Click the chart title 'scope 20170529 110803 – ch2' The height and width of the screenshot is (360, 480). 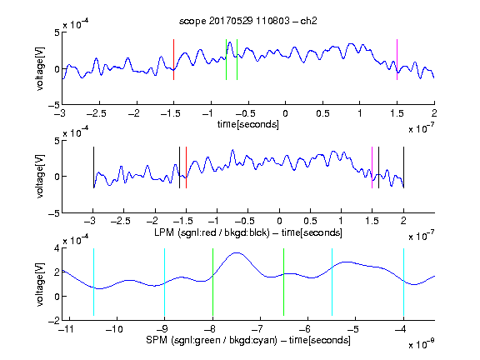coord(248,21)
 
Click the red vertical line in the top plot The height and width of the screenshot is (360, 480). coord(173,59)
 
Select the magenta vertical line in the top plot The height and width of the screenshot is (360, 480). coord(397,59)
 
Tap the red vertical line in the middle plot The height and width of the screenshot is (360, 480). coord(186,167)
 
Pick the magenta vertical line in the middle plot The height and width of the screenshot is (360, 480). coord(372,167)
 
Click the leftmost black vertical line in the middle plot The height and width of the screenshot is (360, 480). coord(93,167)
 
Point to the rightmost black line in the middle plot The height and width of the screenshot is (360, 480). coord(403,167)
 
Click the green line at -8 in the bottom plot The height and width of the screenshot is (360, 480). coord(212,282)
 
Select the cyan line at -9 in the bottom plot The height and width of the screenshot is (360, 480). coord(165,282)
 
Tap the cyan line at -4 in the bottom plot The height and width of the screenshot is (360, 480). coord(403,282)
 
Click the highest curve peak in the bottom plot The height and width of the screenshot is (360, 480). coord(237,252)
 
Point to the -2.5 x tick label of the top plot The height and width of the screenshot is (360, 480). coord(96,113)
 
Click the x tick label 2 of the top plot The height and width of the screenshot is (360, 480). coord(434,113)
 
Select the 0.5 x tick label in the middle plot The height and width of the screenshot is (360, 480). coord(310,221)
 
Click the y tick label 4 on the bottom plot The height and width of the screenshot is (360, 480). coord(57,248)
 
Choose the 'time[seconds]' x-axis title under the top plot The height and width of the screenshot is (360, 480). coord(248,125)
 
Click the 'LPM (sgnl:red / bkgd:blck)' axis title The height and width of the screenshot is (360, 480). coord(212,232)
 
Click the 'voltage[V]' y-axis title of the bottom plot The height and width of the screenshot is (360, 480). coord(40,284)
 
